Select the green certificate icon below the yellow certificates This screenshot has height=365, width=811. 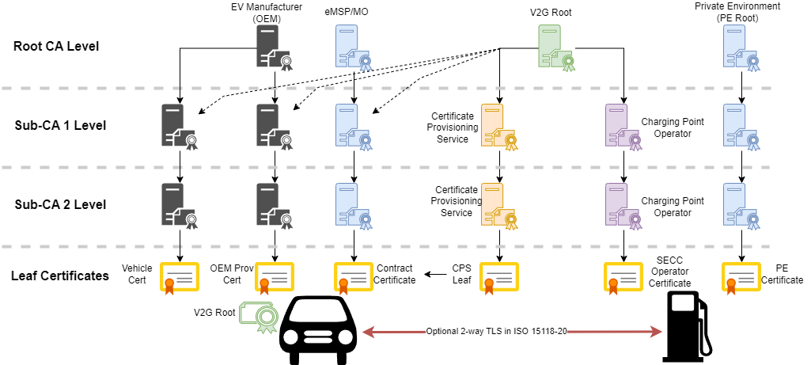pyautogui.click(x=259, y=316)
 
